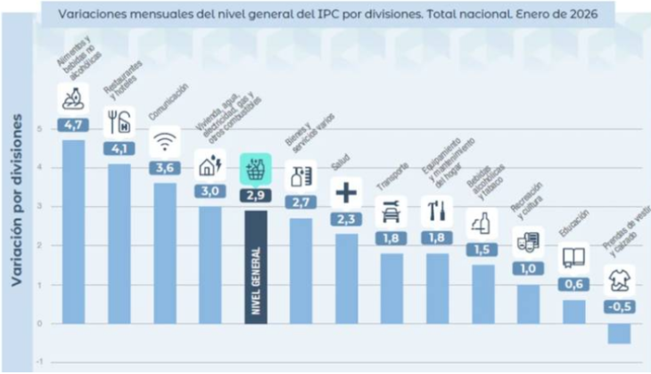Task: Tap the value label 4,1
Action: pos(119,148)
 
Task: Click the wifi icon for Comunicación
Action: pos(164,141)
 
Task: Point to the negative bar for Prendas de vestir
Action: pos(619,333)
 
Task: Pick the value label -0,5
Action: pos(619,308)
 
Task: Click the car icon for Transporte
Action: pos(391,212)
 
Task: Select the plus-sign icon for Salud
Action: pos(345,192)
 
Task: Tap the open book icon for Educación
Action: pos(573,258)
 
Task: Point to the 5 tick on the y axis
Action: pos(40,129)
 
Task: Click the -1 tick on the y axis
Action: pos(38,362)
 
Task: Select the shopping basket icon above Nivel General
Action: pos(255,168)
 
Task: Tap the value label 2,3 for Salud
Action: pos(345,219)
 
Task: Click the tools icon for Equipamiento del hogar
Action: pos(436,212)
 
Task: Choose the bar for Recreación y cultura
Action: pos(528,303)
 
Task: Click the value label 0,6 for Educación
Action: pos(573,284)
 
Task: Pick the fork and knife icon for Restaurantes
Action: pos(119,121)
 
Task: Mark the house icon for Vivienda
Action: pos(210,163)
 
